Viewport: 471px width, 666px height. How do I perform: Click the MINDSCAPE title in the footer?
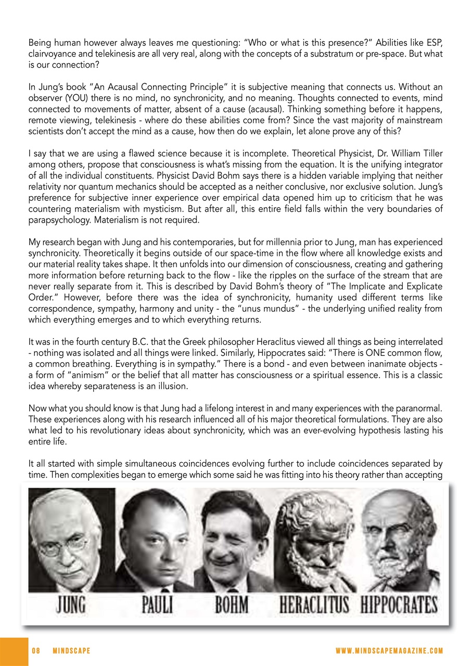pyautogui.click(x=71, y=651)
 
